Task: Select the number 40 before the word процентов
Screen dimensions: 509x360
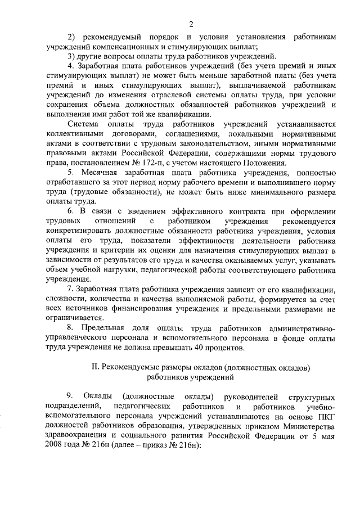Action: (193, 348)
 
